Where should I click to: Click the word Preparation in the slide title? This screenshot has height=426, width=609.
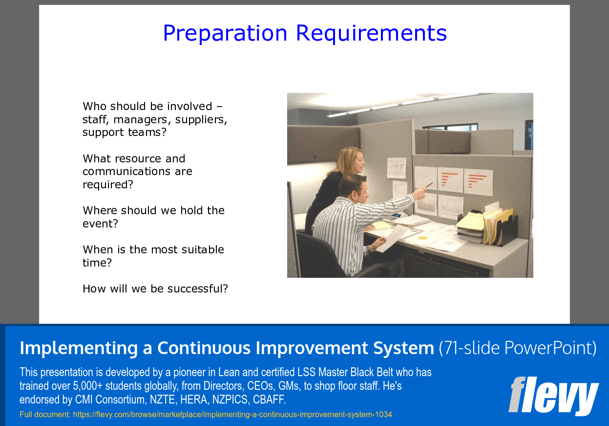[x=225, y=33]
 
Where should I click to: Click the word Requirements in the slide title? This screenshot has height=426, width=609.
[x=371, y=33]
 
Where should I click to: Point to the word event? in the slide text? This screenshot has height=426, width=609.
[x=100, y=224]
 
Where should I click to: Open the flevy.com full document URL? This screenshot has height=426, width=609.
[x=232, y=415]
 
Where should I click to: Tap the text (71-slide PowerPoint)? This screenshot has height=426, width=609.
[x=517, y=348]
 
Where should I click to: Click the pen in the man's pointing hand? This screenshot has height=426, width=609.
[x=429, y=185]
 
